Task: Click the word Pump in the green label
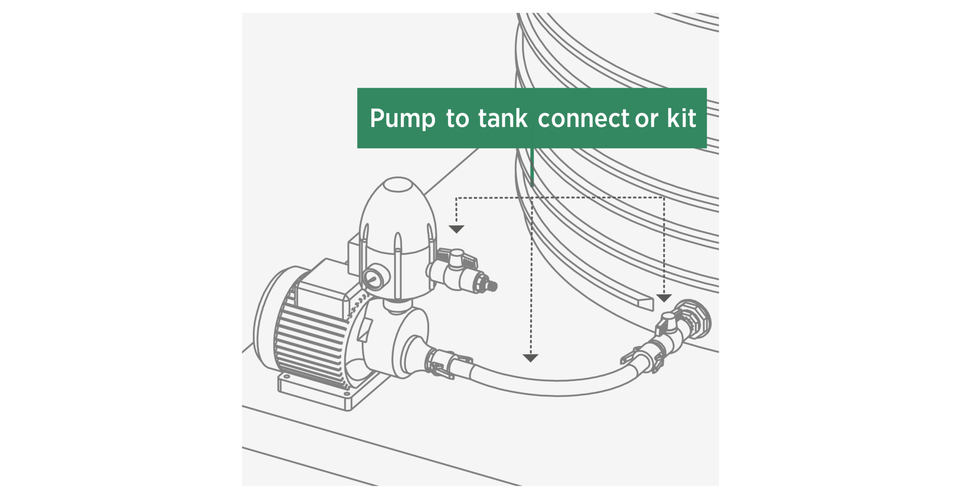pos(402,119)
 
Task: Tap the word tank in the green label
pos(503,118)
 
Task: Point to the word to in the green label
pos(457,119)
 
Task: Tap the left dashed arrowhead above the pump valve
pos(456,229)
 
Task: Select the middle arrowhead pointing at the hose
pos(530,358)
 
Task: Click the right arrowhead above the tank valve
pos(664,298)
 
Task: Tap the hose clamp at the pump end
pos(443,364)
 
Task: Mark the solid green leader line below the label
pos(532,167)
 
